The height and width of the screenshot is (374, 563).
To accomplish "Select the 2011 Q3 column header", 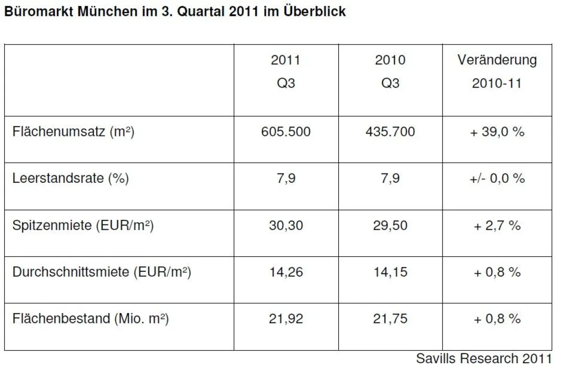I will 285,72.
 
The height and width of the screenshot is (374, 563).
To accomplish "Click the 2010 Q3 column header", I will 390,72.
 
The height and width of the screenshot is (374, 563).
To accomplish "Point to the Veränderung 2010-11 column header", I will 497,72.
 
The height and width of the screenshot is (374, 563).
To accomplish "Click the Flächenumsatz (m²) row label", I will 74,132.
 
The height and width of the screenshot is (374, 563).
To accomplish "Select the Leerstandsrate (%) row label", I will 71,179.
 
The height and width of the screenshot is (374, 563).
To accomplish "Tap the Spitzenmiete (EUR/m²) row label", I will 83,225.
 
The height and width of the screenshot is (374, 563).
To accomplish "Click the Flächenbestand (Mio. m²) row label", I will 91,319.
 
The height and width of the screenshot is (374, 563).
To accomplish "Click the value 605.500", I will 285,132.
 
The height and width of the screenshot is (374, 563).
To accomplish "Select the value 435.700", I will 390,132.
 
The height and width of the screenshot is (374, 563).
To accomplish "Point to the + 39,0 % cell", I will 497,132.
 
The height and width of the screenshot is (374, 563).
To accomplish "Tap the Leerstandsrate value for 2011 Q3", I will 285,179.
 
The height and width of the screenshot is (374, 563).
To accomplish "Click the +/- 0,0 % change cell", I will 497,179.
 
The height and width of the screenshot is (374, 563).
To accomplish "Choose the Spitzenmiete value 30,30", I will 285,225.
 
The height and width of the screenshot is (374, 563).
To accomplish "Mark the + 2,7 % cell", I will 497,225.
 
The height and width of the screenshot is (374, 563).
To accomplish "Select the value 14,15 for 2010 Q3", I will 390,272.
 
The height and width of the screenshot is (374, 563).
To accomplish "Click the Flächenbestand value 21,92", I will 285,319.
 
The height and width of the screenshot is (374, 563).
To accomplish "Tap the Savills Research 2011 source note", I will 484,359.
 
